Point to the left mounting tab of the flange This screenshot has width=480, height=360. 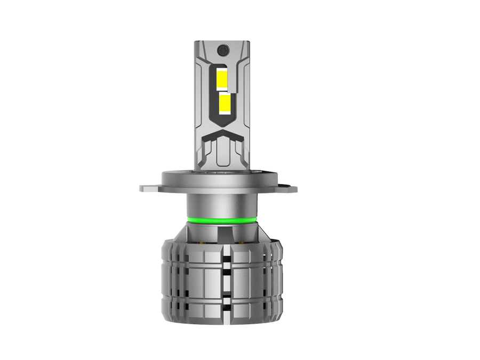149,188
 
